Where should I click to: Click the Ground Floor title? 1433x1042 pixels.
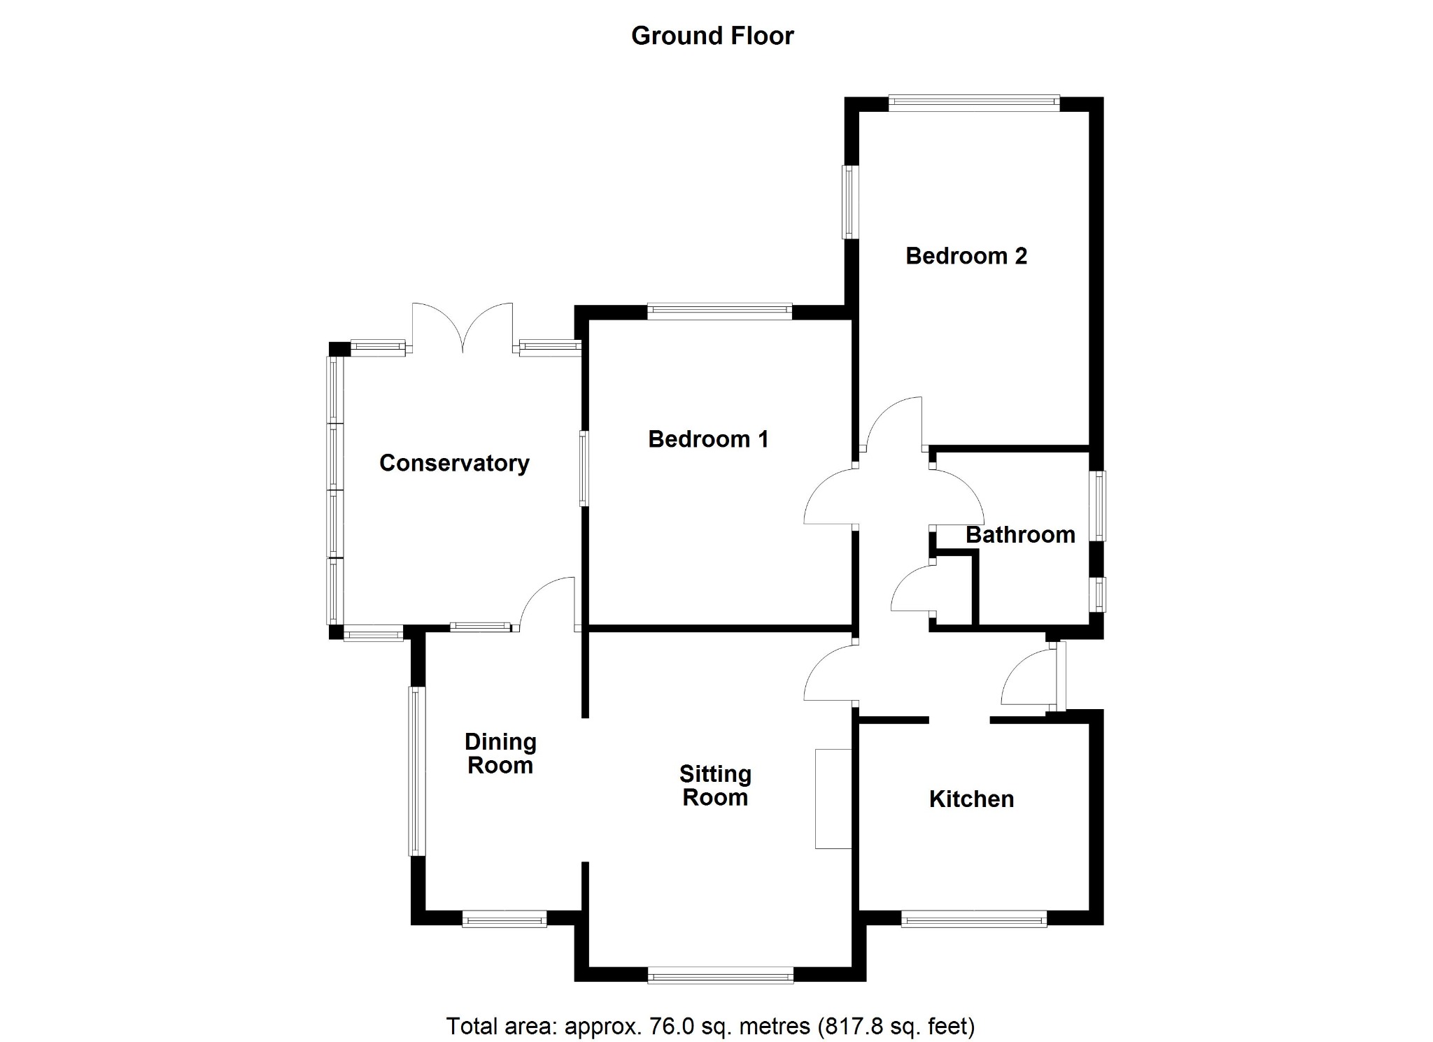point(712,36)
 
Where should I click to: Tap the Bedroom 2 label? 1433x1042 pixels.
point(966,256)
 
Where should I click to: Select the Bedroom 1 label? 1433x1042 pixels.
point(708,439)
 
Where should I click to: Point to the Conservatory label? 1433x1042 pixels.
point(454,463)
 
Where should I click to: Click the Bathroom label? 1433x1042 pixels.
point(1020,535)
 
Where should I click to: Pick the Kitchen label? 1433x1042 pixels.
point(971,799)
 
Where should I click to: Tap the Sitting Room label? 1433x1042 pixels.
point(715,785)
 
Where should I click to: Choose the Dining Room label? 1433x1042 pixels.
point(500,753)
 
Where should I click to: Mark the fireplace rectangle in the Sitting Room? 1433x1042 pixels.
point(833,799)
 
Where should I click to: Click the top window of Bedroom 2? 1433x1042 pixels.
point(974,104)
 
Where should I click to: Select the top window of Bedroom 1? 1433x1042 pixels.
point(719,312)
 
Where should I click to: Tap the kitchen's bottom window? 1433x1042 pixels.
point(974,918)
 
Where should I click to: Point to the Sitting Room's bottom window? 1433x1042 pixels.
point(721,975)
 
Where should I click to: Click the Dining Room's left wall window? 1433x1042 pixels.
point(417,771)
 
